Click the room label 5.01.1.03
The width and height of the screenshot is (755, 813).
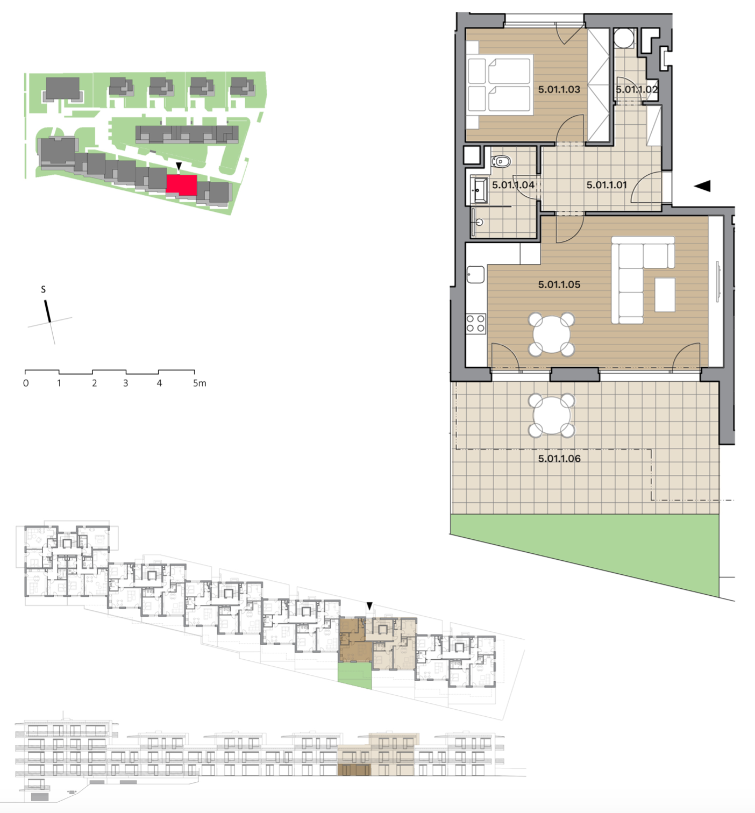[559, 89]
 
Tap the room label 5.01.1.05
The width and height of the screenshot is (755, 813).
[559, 284]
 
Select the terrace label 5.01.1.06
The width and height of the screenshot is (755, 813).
[559, 459]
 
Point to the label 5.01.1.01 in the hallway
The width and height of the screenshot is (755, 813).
[607, 185]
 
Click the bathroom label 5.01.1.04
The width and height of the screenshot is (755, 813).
[512, 185]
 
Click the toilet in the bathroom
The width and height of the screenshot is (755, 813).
[501, 162]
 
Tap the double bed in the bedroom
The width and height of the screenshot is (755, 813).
[500, 85]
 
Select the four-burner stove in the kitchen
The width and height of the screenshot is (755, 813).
[476, 323]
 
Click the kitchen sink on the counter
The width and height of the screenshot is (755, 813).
[475, 274]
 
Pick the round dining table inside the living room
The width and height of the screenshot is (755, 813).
[552, 334]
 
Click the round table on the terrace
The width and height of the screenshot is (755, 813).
[552, 416]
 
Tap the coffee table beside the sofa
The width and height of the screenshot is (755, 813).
[665, 295]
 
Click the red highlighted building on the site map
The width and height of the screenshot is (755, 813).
[181, 185]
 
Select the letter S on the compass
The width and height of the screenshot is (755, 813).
[44, 289]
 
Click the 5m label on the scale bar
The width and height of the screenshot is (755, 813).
[200, 383]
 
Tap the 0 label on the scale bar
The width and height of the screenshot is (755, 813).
[26, 383]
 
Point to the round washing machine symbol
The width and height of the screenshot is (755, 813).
[624, 38]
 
